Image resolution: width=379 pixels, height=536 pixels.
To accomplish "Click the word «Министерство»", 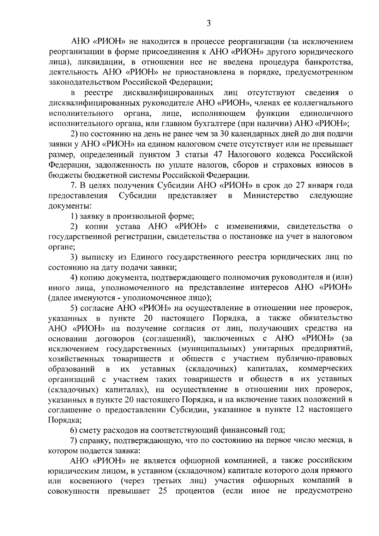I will point(271,195).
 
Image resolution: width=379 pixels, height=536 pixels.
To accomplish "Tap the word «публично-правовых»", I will point(314,359).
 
